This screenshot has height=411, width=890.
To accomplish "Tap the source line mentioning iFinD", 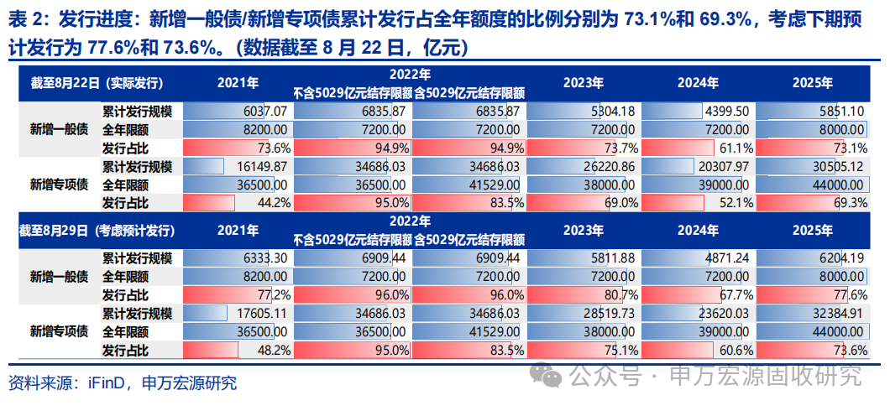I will click(123, 384).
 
